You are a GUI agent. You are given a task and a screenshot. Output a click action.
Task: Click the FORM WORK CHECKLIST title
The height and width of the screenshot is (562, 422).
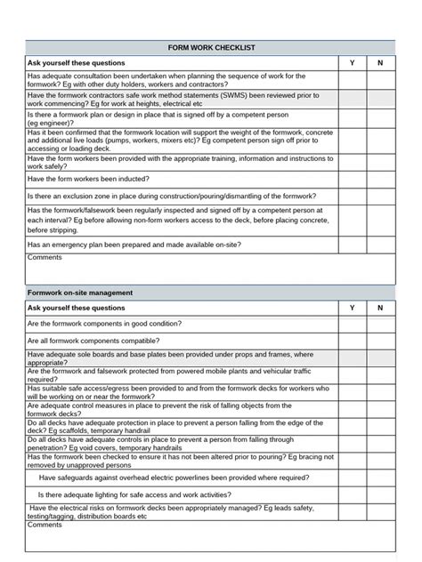click(x=211, y=46)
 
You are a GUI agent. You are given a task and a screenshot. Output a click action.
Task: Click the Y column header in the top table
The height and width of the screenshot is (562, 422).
click(x=352, y=63)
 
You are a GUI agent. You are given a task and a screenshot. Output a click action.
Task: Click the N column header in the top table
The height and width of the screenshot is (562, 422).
click(x=380, y=63)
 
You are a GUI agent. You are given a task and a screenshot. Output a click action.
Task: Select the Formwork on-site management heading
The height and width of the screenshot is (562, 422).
click(x=80, y=292)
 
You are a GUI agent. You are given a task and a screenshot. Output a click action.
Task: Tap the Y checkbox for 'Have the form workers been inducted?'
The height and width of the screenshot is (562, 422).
click(x=352, y=178)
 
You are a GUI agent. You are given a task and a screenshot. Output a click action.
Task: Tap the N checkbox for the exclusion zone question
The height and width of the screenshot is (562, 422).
click(x=380, y=196)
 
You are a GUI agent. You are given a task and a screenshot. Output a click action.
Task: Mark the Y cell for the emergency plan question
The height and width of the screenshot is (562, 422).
click(x=352, y=245)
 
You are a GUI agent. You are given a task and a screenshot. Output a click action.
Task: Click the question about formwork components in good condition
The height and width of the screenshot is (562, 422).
click(x=105, y=324)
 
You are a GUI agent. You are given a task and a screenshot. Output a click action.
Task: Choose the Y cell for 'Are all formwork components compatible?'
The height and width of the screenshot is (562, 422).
click(x=352, y=341)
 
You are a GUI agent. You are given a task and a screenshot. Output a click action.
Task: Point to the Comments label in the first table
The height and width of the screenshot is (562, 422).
click(x=45, y=258)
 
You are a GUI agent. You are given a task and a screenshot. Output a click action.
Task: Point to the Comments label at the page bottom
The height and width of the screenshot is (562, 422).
click(x=45, y=525)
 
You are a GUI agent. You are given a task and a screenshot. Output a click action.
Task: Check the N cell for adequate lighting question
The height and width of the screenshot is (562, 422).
click(x=380, y=494)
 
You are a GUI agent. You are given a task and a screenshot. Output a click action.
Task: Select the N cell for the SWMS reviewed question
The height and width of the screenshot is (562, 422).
click(x=380, y=98)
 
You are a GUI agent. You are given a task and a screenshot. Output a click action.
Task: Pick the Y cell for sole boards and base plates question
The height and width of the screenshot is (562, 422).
click(x=352, y=357)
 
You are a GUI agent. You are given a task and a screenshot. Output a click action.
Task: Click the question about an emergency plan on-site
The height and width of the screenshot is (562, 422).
click(x=134, y=245)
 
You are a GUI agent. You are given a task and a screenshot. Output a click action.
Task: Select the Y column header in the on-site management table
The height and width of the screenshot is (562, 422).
click(x=352, y=308)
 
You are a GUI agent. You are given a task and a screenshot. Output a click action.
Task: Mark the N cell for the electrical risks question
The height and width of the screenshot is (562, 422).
click(x=380, y=511)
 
